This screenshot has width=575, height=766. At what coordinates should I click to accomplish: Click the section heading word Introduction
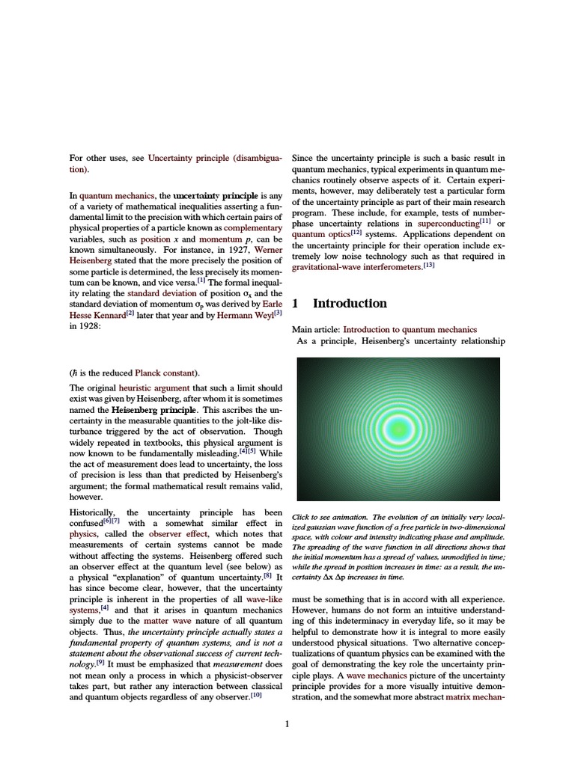click(350, 303)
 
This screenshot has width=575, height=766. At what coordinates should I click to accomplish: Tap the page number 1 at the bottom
click(287, 723)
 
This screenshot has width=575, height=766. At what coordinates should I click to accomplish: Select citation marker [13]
click(428, 265)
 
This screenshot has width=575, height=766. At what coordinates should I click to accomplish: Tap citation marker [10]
click(256, 695)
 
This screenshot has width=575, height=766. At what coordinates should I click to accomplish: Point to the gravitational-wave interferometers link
click(356, 267)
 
